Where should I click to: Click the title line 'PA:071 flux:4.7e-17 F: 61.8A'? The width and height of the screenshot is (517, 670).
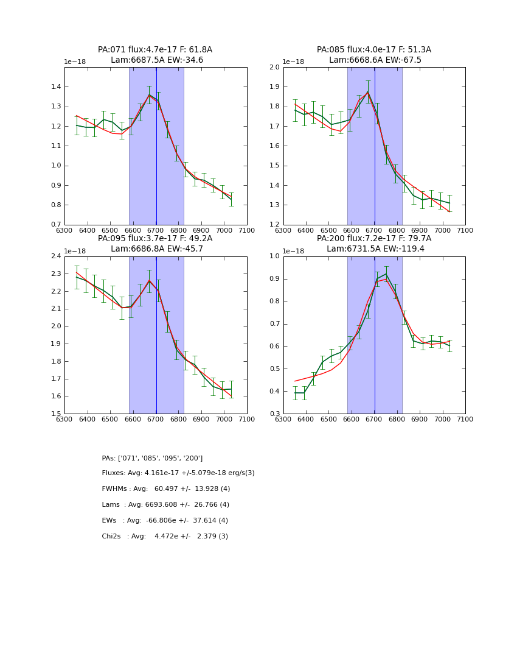click(x=155, y=50)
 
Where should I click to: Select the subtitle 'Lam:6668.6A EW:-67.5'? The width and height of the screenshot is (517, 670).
click(x=375, y=60)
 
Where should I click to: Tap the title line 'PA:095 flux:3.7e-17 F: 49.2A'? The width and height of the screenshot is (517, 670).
click(x=155, y=239)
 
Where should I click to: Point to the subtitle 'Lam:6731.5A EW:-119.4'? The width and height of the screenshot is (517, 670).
click(x=375, y=249)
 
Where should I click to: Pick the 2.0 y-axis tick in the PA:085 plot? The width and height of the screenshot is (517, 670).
click(x=274, y=68)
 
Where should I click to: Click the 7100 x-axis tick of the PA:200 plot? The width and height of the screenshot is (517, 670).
click(x=465, y=419)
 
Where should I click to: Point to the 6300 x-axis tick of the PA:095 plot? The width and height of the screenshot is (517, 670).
click(x=64, y=419)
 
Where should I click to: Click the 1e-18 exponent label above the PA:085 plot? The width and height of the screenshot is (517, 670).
click(x=294, y=62)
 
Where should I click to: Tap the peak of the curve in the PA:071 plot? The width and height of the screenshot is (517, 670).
click(x=150, y=94)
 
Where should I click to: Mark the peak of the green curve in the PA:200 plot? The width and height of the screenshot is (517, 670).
click(x=386, y=273)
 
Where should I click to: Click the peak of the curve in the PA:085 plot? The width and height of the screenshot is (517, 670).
click(x=368, y=92)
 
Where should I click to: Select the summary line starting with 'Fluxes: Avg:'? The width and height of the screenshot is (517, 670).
click(x=178, y=473)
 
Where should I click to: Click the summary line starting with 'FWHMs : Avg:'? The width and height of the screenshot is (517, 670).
click(x=166, y=489)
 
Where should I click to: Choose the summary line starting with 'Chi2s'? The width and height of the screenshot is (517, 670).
click(x=165, y=537)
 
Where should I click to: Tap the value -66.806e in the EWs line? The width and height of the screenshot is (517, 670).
click(x=161, y=521)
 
